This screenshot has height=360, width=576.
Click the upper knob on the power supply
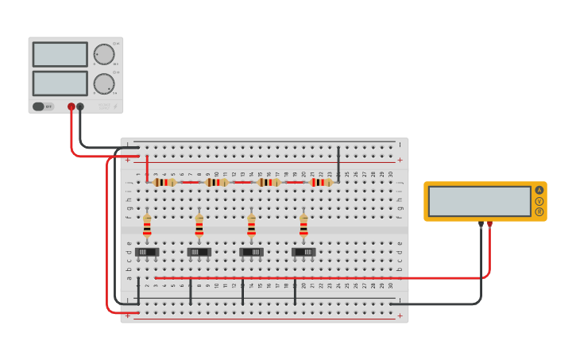click(x=104, y=54)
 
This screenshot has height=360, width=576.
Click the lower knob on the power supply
click(x=104, y=83)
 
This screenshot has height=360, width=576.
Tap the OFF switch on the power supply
click(x=43, y=106)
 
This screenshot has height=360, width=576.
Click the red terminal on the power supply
click(x=72, y=106)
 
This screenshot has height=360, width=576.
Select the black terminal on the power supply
click(x=80, y=106)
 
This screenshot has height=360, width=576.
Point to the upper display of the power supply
click(x=60, y=54)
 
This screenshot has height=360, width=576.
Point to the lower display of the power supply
click(x=60, y=83)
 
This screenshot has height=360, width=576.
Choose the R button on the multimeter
click(x=539, y=212)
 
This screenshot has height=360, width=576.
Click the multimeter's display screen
click(x=479, y=201)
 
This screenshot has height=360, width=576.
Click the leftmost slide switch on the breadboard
click(x=147, y=252)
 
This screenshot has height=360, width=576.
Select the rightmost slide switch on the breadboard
click(x=303, y=252)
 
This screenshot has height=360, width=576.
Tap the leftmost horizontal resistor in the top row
click(x=164, y=182)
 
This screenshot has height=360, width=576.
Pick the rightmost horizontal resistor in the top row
click(x=321, y=182)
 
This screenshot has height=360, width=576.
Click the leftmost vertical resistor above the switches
click(x=147, y=226)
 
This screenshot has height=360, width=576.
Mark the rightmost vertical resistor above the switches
click(x=303, y=226)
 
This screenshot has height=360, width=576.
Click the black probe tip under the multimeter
click(x=481, y=226)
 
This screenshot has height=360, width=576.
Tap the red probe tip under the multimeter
click(x=490, y=226)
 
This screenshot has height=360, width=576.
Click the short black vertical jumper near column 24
click(x=338, y=164)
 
